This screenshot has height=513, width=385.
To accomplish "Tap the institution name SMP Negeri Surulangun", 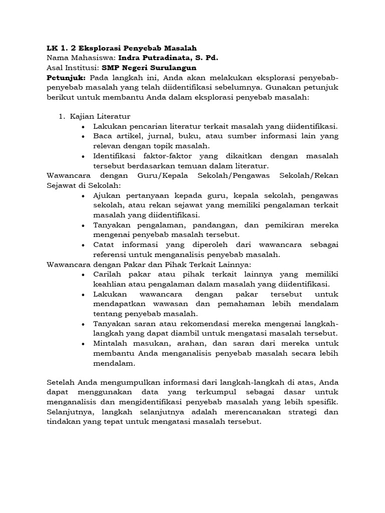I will click(149, 68).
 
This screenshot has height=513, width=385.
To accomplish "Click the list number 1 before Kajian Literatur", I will click(61, 117).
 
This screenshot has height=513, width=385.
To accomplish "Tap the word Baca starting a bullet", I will click(103, 136).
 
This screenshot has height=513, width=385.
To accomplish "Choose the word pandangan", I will click(214, 225).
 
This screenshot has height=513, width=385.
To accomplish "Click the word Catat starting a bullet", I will click(104, 244).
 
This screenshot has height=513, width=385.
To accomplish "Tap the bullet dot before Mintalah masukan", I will click(83, 343).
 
